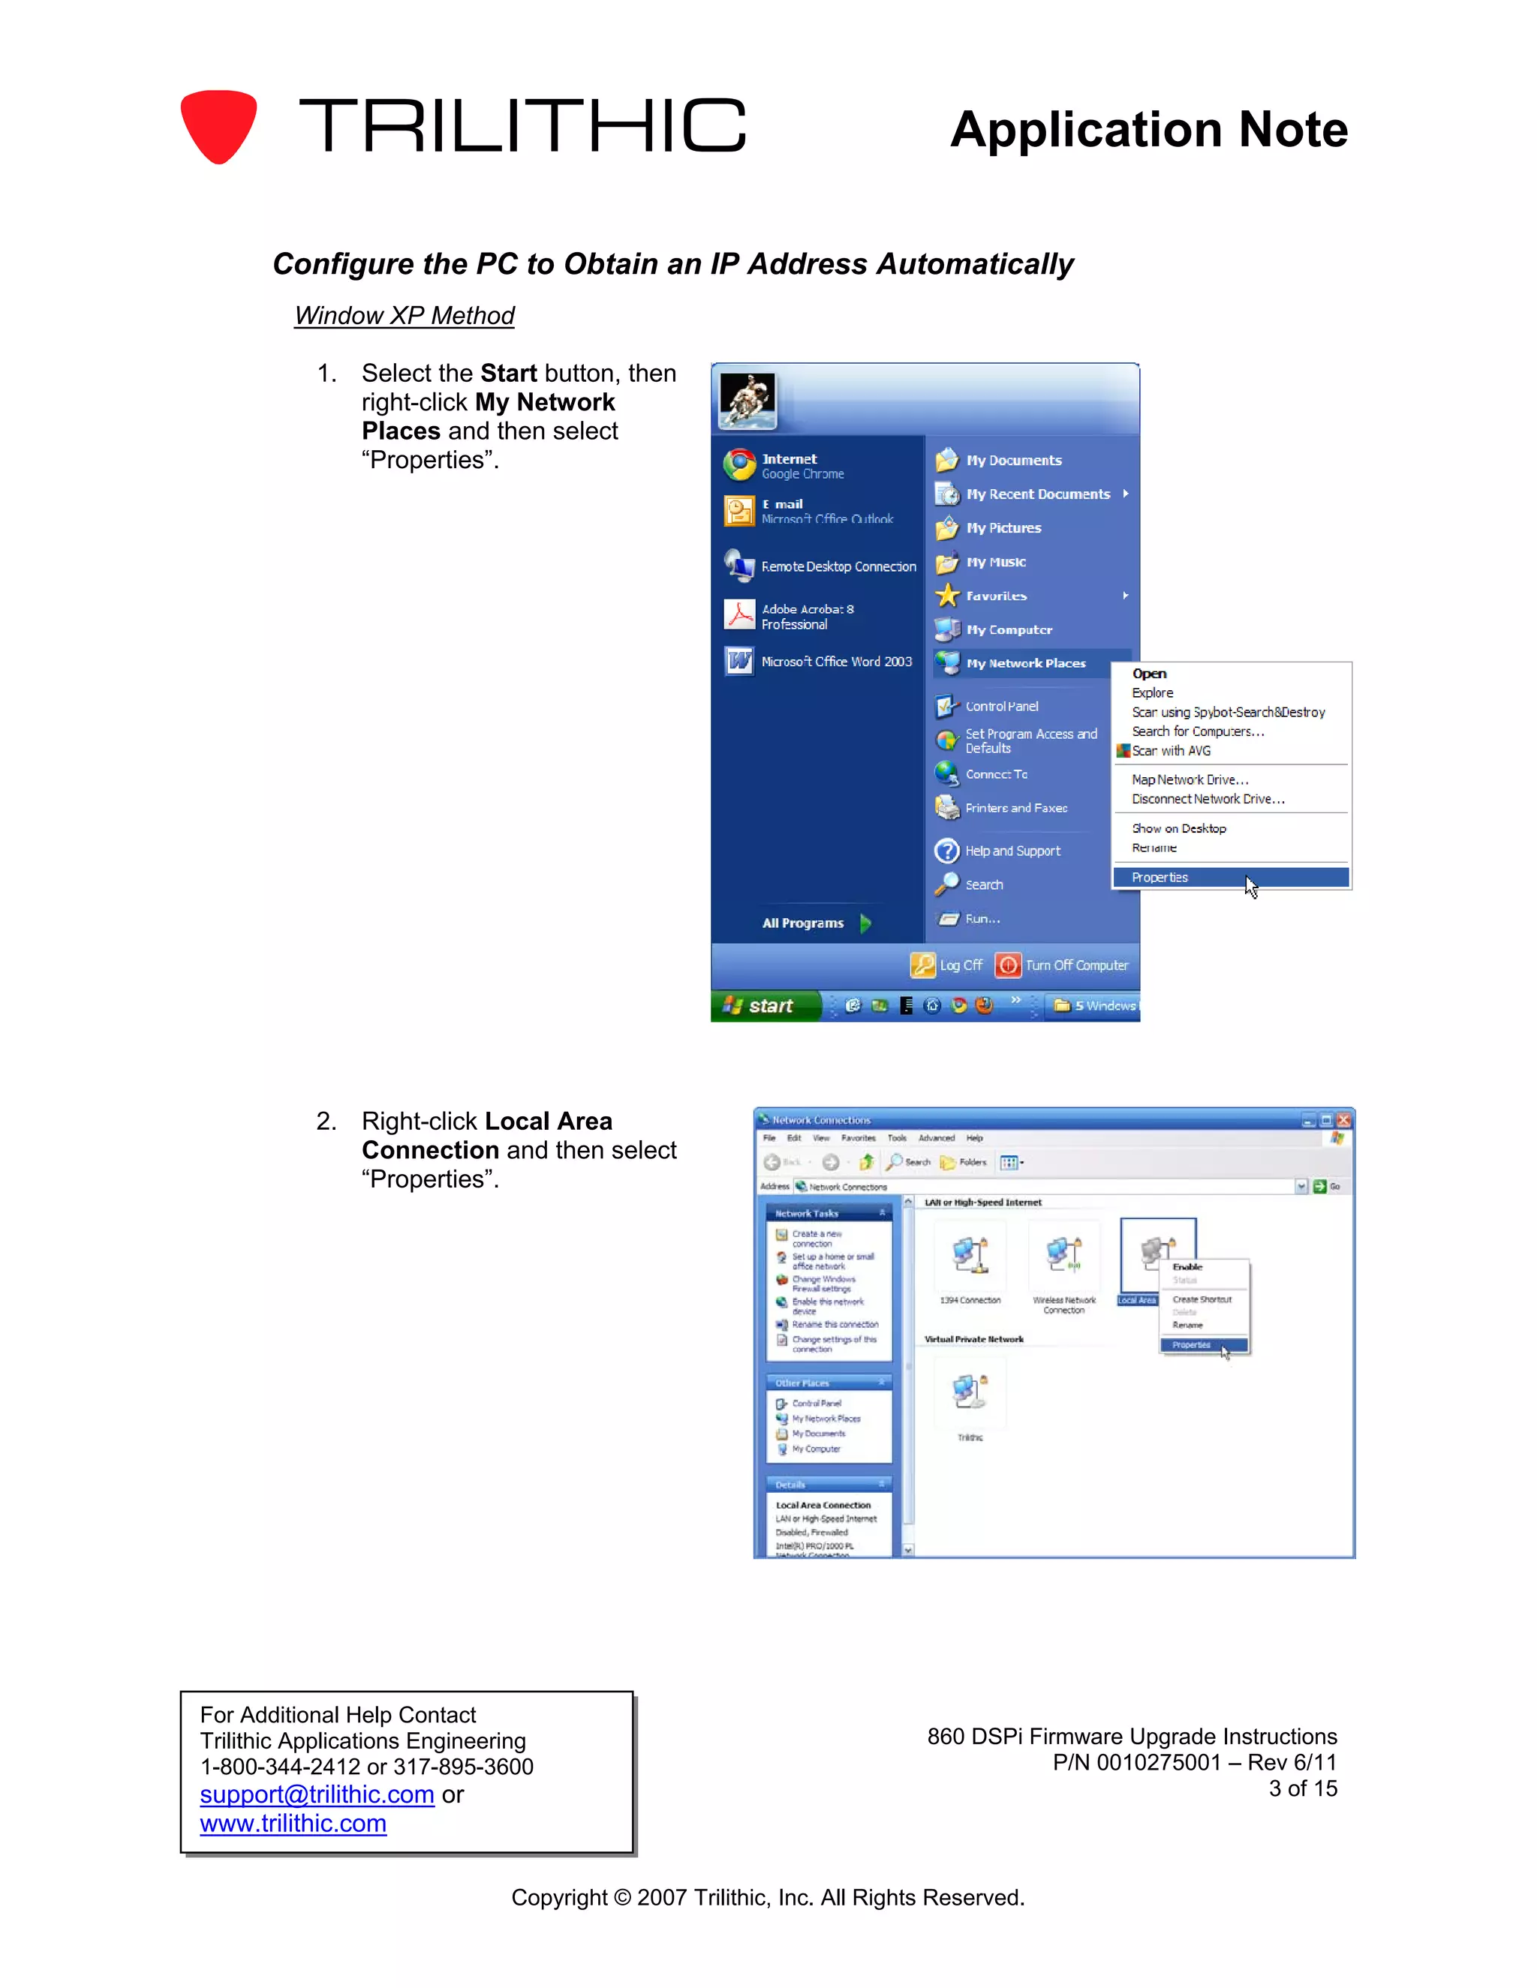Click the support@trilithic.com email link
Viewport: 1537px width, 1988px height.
(x=317, y=1794)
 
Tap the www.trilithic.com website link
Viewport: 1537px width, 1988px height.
(x=293, y=1823)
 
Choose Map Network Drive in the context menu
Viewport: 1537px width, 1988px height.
(x=1190, y=780)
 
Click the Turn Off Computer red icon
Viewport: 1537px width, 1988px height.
(x=1008, y=965)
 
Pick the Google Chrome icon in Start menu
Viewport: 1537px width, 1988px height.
(x=739, y=465)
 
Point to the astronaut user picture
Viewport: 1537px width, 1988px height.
(x=747, y=401)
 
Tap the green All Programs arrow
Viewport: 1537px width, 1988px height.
(x=866, y=923)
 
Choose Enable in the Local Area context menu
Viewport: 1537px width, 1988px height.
(x=1187, y=1267)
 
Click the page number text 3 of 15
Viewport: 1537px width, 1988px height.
(x=1303, y=1788)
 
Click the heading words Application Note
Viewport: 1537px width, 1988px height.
(x=1148, y=129)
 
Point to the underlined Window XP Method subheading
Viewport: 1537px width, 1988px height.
(x=405, y=316)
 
